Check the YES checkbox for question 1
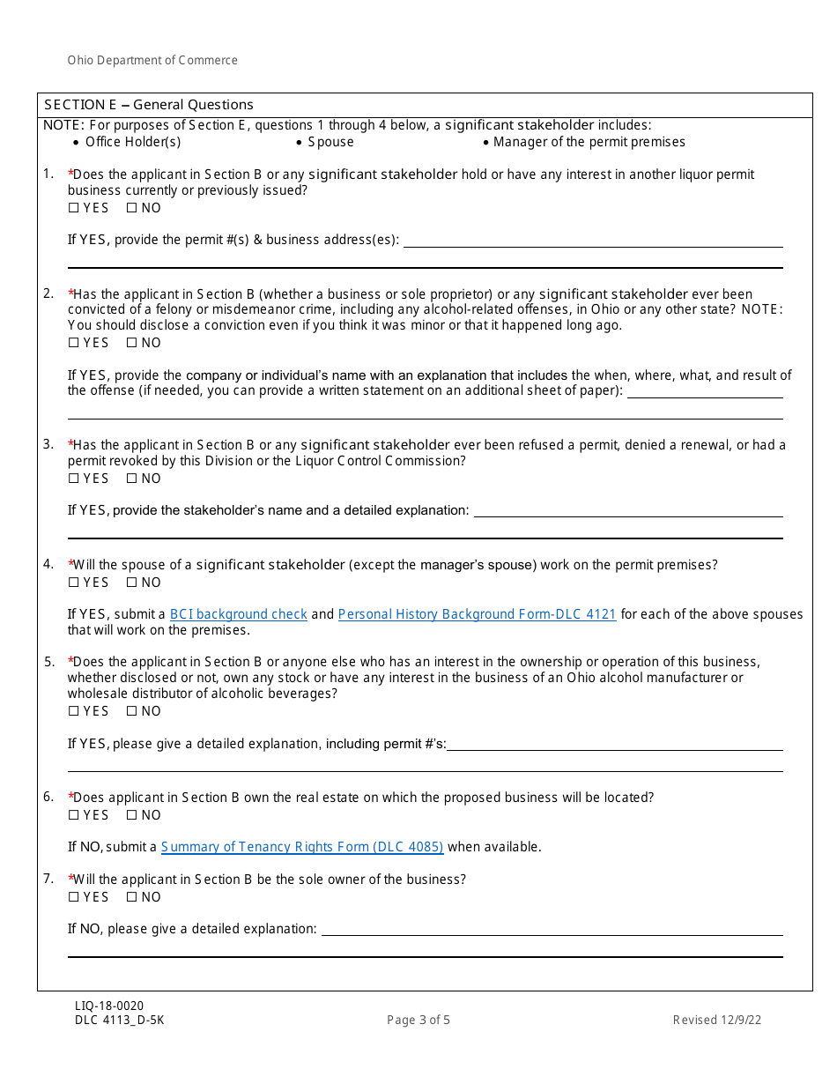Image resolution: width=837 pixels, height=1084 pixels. tap(73, 208)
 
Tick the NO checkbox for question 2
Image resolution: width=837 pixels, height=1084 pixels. tap(131, 343)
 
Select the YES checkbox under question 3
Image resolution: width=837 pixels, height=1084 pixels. tap(73, 479)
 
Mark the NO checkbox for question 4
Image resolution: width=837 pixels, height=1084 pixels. tap(131, 583)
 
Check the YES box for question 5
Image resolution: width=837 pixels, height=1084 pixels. tap(73, 711)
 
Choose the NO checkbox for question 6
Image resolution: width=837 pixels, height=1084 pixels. tap(131, 815)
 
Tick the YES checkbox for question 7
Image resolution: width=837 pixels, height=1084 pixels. tap(73, 897)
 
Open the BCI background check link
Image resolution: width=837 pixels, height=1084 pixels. tap(238, 614)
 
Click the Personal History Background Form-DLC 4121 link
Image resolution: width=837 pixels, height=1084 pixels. tap(477, 614)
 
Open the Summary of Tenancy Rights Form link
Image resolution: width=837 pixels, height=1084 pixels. tap(301, 847)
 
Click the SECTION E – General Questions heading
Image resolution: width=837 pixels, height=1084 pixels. tap(149, 105)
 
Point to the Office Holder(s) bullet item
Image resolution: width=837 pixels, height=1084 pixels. tap(132, 142)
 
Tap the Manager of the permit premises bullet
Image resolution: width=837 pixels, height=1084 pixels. tap(589, 142)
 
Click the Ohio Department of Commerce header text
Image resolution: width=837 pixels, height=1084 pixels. tap(152, 61)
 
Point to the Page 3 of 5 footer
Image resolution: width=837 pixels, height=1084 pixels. tap(418, 1021)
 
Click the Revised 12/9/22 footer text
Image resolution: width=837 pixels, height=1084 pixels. tap(716, 1021)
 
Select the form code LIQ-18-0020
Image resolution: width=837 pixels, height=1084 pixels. tap(109, 1006)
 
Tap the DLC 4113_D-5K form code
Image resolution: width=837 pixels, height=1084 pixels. tap(119, 1021)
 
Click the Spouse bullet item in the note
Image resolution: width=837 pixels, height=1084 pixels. tap(330, 142)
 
